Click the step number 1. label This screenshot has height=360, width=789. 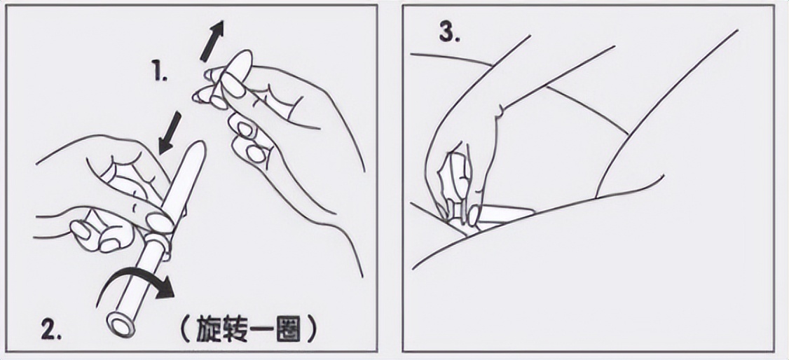160,71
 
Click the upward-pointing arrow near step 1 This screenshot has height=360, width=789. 212,41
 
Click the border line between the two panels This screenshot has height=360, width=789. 390,180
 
